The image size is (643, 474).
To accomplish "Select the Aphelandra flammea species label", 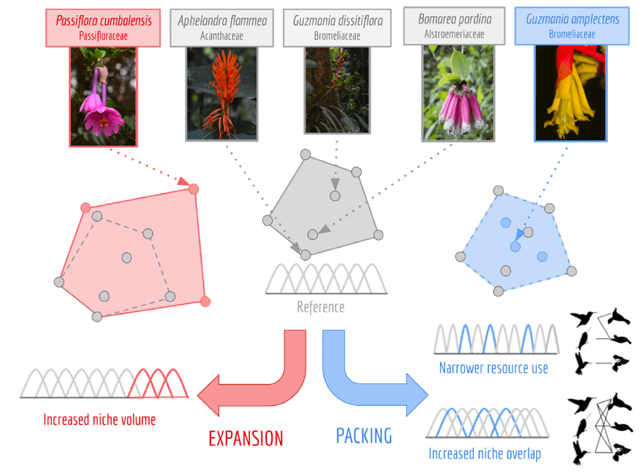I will (222, 21).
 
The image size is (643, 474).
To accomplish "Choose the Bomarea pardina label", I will (454, 20).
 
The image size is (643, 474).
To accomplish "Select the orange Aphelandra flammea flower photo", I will (222, 94).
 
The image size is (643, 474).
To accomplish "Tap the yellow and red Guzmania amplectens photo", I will (571, 93).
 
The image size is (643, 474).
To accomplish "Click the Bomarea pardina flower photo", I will (458, 93).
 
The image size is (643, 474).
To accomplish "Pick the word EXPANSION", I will (246, 438).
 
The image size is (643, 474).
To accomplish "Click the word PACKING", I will (364, 436).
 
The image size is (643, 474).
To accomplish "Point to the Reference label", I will (321, 307).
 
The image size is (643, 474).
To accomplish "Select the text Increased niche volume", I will (99, 420).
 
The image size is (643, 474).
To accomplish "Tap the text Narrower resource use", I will (493, 368).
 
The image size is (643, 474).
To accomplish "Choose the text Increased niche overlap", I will (485, 454).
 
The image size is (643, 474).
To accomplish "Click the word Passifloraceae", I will (103, 36).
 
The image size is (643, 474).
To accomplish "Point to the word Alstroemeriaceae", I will (454, 34).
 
